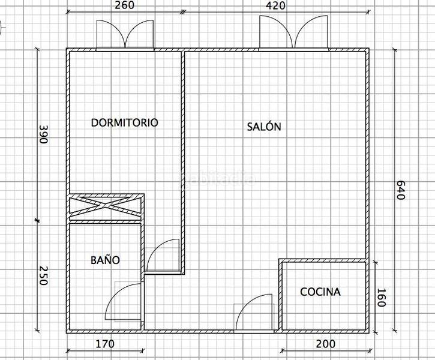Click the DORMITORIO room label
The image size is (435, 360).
click(124, 122)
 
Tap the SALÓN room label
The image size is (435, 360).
click(263, 127)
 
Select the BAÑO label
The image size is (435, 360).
click(105, 260)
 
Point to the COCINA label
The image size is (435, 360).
click(320, 292)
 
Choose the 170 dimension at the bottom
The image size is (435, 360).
click(104, 344)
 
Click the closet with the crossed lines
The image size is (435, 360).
click(106, 208)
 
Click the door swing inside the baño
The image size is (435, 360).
click(125, 303)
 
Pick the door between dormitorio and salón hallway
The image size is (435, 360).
click(163, 257)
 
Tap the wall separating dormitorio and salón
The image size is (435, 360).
click(182, 150)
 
